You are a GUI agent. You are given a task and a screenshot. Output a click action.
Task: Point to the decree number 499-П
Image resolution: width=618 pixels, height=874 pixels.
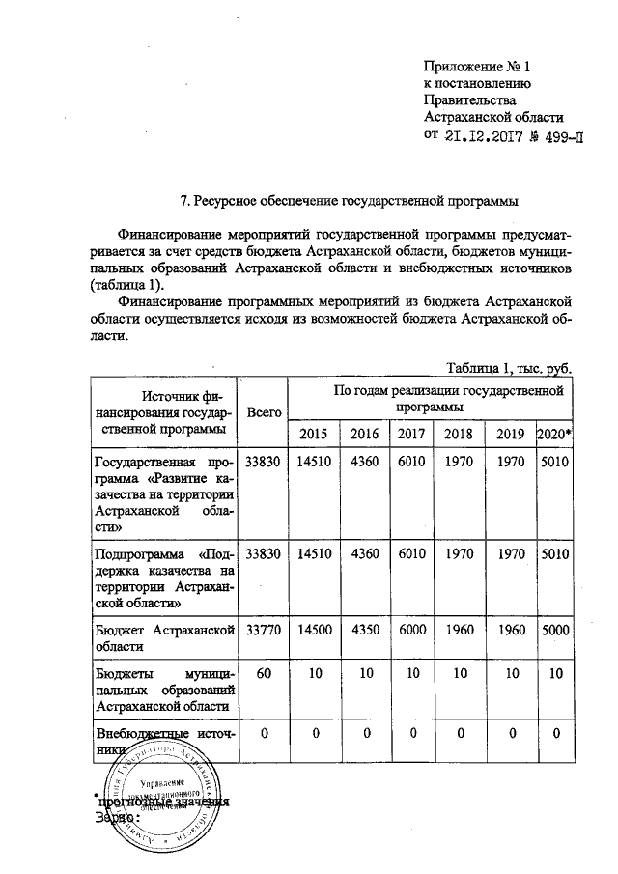pyautogui.click(x=560, y=134)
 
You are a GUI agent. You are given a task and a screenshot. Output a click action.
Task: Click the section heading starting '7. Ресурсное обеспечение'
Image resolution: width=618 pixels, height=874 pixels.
pyautogui.click(x=351, y=202)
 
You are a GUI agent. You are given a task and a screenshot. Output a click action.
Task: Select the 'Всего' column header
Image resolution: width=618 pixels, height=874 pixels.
pyautogui.click(x=264, y=411)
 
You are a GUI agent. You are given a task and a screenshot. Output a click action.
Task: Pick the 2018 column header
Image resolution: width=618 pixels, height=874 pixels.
pyautogui.click(x=459, y=433)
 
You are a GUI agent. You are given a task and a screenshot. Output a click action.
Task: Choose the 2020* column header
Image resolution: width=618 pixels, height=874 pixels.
pyautogui.click(x=555, y=433)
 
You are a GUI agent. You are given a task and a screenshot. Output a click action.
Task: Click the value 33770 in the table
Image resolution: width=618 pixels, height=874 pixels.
pyautogui.click(x=264, y=632)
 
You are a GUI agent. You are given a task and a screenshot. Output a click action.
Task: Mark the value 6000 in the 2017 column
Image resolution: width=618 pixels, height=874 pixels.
pyautogui.click(x=410, y=632)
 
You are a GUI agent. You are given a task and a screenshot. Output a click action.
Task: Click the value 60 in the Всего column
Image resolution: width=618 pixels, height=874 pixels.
pyautogui.click(x=264, y=672)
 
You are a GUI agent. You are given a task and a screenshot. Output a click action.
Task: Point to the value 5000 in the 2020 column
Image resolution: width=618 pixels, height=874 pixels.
pyautogui.click(x=555, y=632)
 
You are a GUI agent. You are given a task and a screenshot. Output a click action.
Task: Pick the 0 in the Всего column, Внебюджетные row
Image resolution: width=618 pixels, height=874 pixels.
pyautogui.click(x=264, y=734)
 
